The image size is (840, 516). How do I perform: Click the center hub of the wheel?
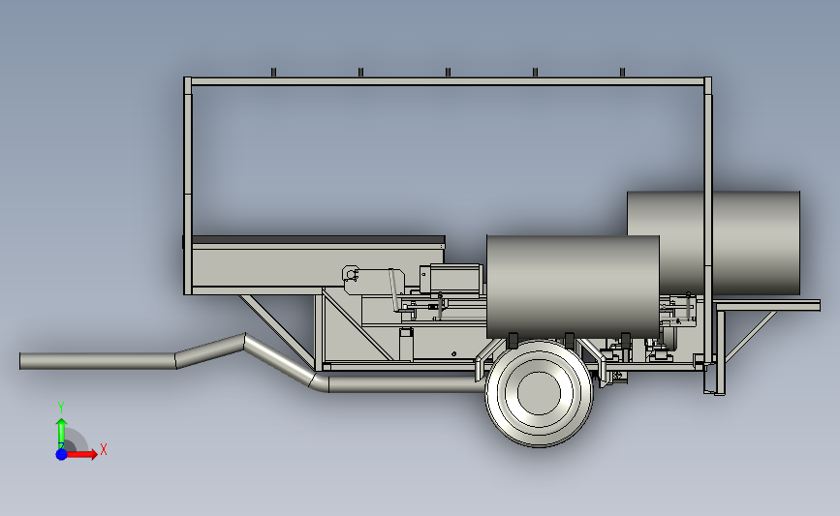click(x=539, y=393)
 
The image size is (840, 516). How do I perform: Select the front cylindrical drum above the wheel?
click(x=573, y=287)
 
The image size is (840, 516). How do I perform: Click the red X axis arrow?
click(x=81, y=454)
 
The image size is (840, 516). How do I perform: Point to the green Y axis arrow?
click(x=61, y=434)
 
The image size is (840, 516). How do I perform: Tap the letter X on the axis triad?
click(x=104, y=449)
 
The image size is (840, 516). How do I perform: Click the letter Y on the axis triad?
click(x=61, y=408)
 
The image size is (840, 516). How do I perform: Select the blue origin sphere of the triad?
click(x=61, y=454)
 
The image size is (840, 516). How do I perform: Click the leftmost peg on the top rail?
click(x=273, y=73)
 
